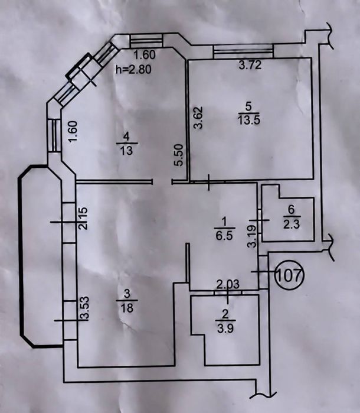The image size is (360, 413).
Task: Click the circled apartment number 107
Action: click(x=289, y=275)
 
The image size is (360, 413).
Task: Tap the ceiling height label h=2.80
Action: click(x=134, y=69)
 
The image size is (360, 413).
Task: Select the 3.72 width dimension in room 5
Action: click(x=250, y=65)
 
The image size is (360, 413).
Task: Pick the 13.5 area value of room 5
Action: click(x=248, y=120)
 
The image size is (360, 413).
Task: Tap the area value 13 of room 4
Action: click(x=127, y=151)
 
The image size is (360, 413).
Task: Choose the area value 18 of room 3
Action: click(x=127, y=308)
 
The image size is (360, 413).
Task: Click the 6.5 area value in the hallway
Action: click(x=224, y=235)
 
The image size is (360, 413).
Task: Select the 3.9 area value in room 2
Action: click(x=226, y=328)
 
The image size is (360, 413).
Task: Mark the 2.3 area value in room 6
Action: click(x=292, y=225)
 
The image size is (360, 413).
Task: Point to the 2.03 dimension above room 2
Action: click(x=228, y=284)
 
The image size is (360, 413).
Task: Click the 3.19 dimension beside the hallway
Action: click(x=252, y=236)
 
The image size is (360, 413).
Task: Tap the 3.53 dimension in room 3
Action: click(x=84, y=308)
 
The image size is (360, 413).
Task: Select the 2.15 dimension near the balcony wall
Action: click(x=83, y=219)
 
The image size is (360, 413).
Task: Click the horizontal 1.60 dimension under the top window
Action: click(x=145, y=55)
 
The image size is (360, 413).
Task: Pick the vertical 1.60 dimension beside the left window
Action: click(x=73, y=131)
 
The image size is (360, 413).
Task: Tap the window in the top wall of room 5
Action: click(x=244, y=51)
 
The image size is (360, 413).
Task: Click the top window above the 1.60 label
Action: click(x=146, y=41)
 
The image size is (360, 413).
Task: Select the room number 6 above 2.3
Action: click(x=292, y=210)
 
